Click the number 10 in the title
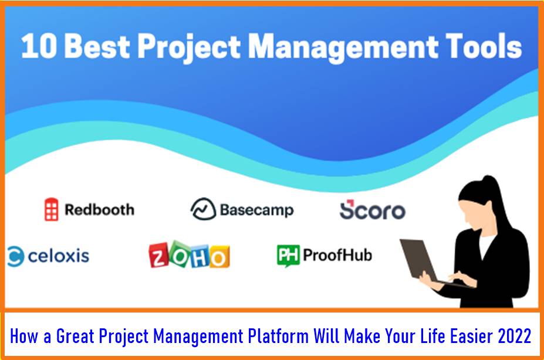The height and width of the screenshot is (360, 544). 39,46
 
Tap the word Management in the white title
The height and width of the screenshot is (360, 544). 343,49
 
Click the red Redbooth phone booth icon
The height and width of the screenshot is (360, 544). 51,209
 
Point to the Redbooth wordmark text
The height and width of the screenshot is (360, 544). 100,210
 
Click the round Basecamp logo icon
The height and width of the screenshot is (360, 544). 203,209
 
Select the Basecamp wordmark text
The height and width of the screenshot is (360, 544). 256,210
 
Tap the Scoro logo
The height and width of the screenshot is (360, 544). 372,210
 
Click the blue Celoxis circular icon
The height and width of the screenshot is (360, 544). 16,256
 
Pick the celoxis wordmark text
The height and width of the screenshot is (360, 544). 58,256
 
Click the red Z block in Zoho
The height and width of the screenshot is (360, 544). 158,256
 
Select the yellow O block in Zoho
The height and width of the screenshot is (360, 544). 219,257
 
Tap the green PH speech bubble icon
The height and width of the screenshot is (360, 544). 288,256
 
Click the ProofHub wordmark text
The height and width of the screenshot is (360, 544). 337,255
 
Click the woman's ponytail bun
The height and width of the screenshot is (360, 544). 489,181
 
